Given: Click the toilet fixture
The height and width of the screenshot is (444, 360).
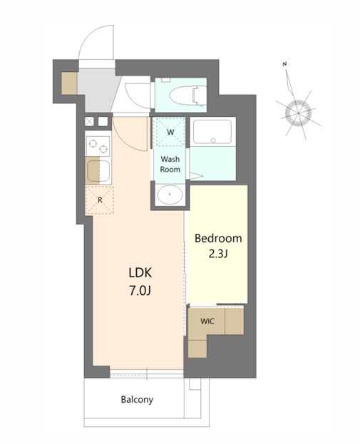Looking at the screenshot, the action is pos(187,95).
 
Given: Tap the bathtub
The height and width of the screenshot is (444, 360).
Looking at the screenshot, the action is pos(212,132).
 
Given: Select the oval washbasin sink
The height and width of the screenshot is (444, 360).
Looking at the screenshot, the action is pos(170,195).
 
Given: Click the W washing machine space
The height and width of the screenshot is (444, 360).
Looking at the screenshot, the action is pos(170,132).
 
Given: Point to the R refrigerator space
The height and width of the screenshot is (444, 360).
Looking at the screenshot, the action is pos(100,200).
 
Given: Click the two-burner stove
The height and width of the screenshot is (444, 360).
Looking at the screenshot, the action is pos(98,146).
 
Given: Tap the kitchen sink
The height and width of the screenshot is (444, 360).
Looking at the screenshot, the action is pos(98,170).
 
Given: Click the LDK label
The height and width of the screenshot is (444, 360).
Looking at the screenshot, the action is pos(140,273).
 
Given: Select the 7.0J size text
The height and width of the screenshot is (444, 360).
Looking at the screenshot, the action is pos(140,291).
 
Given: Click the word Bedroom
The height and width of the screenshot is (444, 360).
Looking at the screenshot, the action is pos(218,239).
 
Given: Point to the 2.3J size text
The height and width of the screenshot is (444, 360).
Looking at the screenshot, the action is pos(218,254).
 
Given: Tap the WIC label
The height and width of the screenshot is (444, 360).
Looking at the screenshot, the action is pos(207,321).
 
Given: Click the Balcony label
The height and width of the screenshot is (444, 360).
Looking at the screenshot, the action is pos(137,400).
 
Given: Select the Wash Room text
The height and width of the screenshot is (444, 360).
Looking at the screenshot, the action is pos(170,164).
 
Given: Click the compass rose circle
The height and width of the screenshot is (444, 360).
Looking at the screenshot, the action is pos(298,113).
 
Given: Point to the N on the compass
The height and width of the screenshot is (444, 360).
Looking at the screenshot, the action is pos(284,64).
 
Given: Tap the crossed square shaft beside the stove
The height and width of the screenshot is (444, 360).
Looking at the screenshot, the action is pos(90,121).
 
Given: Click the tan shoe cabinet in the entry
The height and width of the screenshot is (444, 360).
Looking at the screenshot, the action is pos(69,83).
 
